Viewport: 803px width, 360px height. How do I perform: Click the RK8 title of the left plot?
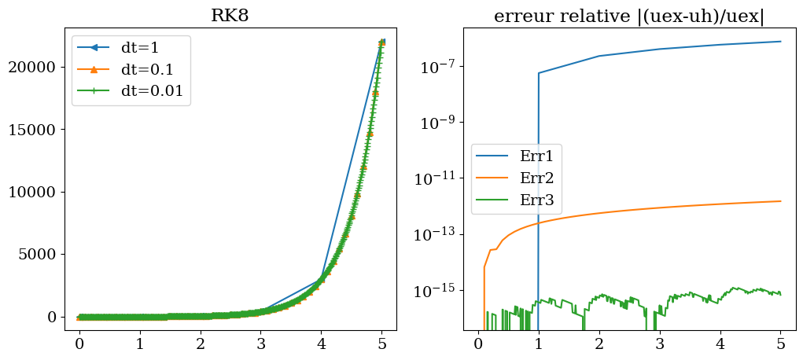[230, 16]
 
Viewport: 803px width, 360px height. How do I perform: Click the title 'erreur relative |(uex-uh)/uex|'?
[629, 16]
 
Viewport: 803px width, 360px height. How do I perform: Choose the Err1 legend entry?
[536, 156]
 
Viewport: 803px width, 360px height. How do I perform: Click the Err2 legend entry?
[536, 178]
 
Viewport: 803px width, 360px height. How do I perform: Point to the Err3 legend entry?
[536, 200]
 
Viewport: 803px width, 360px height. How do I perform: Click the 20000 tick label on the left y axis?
[35, 67]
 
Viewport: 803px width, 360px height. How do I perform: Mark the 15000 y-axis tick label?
[35, 130]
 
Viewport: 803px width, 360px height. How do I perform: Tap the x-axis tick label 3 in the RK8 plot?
[260, 343]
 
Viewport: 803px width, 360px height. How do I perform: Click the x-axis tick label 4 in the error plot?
[720, 343]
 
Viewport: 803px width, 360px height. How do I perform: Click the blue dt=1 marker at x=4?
[321, 279]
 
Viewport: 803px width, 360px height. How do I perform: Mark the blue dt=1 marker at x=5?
[381, 42]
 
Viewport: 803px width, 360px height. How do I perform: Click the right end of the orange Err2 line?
[781, 201]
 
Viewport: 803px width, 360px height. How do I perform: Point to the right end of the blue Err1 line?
[781, 41]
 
